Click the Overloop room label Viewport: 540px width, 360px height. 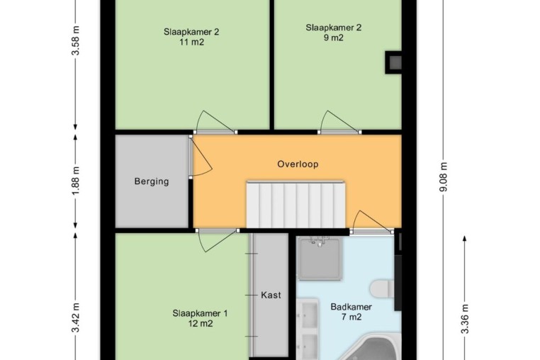coord(298,164)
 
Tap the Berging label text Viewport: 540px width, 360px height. coord(152,181)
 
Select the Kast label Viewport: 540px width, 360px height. coord(271,296)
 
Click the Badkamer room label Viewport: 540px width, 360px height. coord(351,307)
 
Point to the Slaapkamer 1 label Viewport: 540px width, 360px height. coord(200,313)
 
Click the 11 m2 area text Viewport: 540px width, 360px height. coord(191,43)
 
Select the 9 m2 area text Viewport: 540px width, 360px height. coord(333,38)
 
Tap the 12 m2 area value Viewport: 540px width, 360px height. coord(200,324)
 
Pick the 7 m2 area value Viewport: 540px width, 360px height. coord(351,317)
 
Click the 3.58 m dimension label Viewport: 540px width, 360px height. coord(76,40)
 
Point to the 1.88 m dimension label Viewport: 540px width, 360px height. coord(76,181)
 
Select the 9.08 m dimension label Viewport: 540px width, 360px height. coord(444,176)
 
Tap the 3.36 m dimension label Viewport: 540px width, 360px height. coord(465,319)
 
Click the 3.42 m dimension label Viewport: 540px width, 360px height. coord(76,317)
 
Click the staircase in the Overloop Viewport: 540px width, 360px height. coord(296,204)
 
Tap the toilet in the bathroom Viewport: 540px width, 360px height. coord(382,289)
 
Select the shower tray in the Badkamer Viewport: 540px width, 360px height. coord(320,259)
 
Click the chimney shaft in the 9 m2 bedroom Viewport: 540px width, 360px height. coord(393,62)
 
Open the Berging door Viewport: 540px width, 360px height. coord(200,157)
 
